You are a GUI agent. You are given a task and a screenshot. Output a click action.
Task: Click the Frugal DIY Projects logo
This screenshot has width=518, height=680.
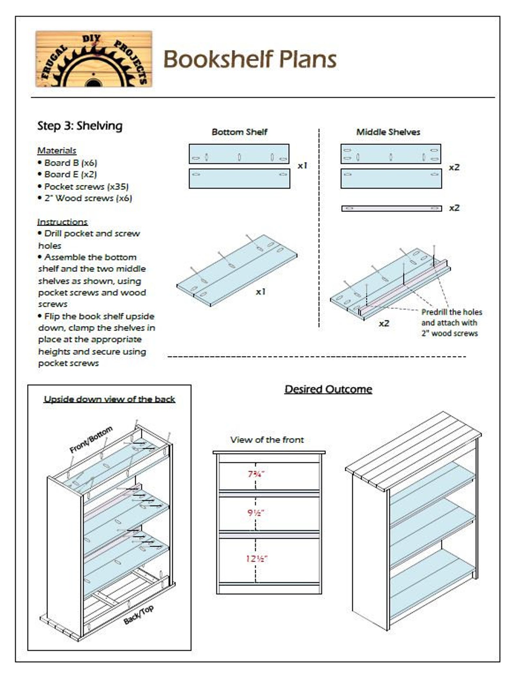pos(94,59)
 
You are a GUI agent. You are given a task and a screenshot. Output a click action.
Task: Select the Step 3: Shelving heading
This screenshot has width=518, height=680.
pos(80,126)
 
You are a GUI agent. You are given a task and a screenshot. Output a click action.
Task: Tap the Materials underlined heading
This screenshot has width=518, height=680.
pos(57,151)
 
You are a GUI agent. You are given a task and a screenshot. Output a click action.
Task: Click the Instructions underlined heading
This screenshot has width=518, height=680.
pos(62,222)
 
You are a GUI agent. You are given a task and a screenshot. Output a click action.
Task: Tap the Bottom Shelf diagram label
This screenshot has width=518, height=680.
pos(239,132)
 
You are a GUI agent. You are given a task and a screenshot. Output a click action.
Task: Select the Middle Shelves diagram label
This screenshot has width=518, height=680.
pos(388,132)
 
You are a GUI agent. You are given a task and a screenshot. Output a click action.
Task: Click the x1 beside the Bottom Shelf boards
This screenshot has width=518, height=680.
pos(302,166)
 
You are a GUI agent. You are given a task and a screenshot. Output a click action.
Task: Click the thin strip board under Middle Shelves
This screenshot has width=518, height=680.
pos(391,208)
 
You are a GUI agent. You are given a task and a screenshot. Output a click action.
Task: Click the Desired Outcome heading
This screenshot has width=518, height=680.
pos(328,389)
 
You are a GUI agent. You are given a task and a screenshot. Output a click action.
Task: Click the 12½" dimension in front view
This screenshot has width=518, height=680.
pos(256,559)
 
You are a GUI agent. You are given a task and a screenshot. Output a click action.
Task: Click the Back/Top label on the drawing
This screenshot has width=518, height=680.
pos(139,615)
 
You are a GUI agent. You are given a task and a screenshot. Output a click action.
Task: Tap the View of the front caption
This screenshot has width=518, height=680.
pos(267,440)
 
